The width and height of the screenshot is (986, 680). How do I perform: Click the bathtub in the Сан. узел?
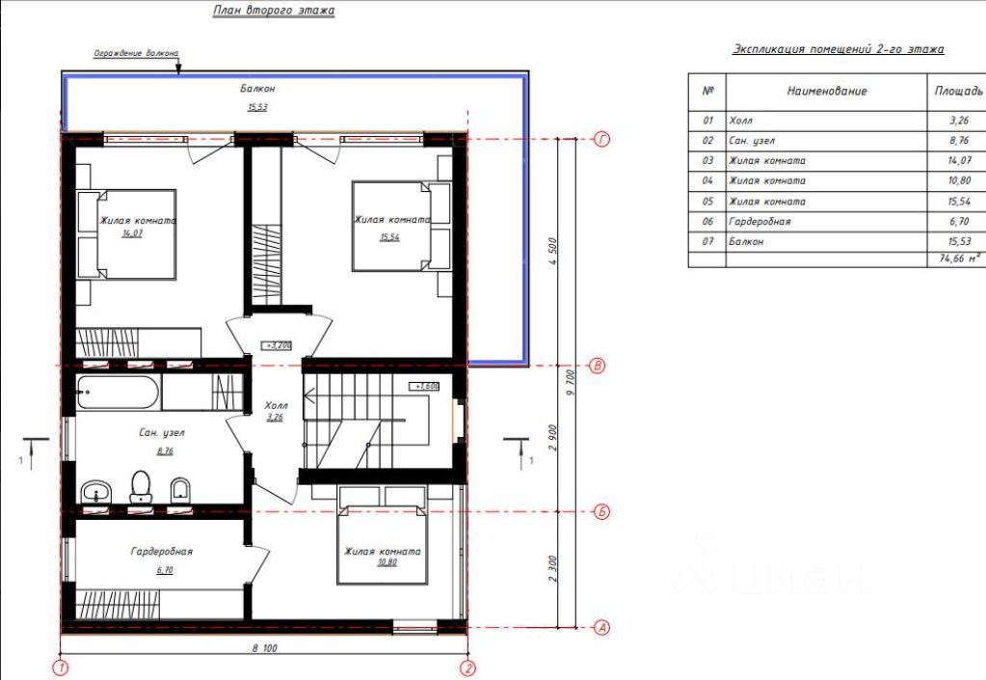(x=118, y=392)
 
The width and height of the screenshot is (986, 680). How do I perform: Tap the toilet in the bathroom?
(x=141, y=486)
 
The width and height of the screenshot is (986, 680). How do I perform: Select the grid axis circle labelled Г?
(x=601, y=139)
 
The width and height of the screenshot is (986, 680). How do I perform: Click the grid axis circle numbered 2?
(x=467, y=668)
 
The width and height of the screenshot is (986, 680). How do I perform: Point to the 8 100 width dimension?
(x=265, y=648)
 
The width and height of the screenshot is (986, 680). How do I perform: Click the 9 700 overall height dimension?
(x=571, y=383)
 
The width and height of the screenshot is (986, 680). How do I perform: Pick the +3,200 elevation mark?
(x=277, y=345)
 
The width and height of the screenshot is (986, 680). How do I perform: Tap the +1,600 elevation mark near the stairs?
(x=424, y=386)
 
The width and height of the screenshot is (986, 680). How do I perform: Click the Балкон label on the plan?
(x=257, y=89)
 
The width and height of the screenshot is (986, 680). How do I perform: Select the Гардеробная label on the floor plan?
(x=162, y=552)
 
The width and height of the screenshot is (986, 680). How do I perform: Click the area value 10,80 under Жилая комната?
(x=387, y=562)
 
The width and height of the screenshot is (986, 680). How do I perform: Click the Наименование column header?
(x=827, y=92)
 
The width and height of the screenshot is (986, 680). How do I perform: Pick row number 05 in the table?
(x=708, y=202)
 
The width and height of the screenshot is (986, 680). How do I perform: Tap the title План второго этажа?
(x=274, y=10)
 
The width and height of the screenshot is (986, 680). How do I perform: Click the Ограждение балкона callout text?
(x=136, y=53)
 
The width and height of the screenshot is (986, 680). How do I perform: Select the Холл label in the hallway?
(x=276, y=406)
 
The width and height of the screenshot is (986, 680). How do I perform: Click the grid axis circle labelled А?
(x=601, y=627)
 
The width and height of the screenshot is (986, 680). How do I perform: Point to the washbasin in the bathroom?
(x=96, y=491)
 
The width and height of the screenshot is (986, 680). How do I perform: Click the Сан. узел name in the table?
(x=752, y=141)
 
